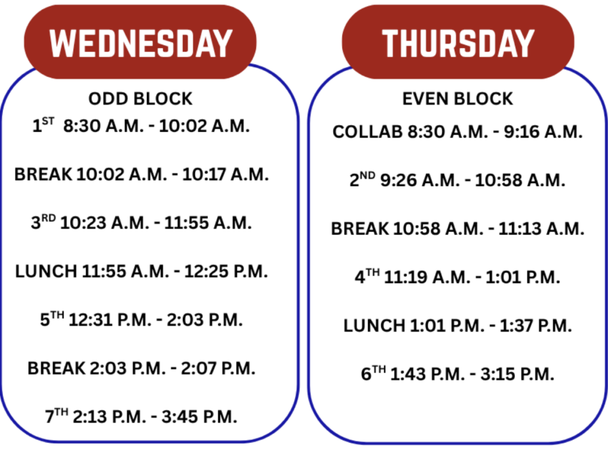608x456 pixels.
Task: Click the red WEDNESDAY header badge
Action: click(140, 43)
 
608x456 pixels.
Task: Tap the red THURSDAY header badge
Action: click(458, 43)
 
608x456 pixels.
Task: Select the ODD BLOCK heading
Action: click(140, 99)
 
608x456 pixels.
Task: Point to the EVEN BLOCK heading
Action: click(458, 99)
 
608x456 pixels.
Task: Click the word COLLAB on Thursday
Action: click(368, 132)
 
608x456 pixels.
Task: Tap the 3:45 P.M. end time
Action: click(201, 417)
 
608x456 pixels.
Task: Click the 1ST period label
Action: click(43, 126)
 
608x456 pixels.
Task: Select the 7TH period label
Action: click(56, 416)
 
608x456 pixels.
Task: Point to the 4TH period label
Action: click(367, 277)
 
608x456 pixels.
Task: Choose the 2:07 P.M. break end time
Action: click(219, 368)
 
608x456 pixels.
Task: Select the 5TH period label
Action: click(52, 319)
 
